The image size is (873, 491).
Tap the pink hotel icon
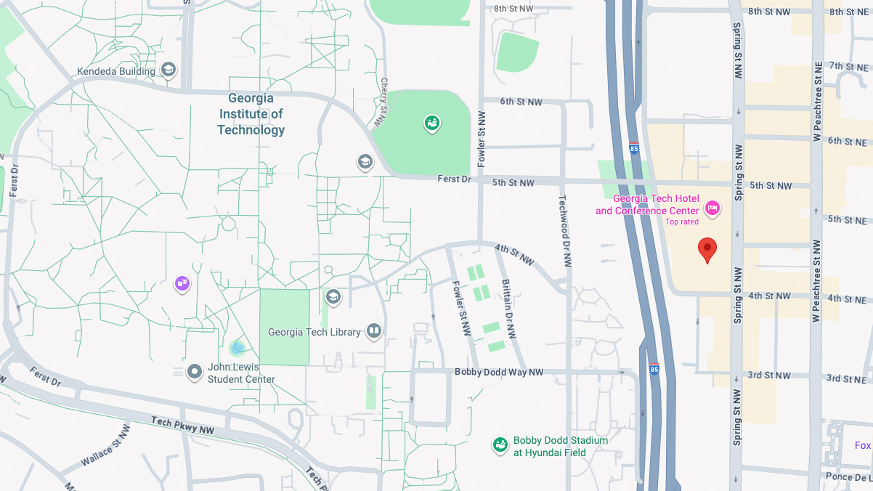712,208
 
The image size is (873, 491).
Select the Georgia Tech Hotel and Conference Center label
647,205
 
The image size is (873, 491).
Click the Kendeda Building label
116,71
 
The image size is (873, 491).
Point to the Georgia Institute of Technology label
251,114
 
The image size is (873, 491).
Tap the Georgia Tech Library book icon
374,332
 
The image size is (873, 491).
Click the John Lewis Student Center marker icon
195,373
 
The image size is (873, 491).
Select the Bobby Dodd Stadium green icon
500,445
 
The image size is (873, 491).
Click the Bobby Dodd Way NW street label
499,372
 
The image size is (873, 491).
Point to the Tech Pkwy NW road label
182,426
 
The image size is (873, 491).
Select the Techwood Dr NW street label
564,231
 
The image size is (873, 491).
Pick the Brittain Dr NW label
509,309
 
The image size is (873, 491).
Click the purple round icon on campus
182,283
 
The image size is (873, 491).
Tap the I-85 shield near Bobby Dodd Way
654,369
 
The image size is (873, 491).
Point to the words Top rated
682,222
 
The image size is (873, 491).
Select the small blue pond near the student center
237,348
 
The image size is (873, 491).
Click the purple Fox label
862,445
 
